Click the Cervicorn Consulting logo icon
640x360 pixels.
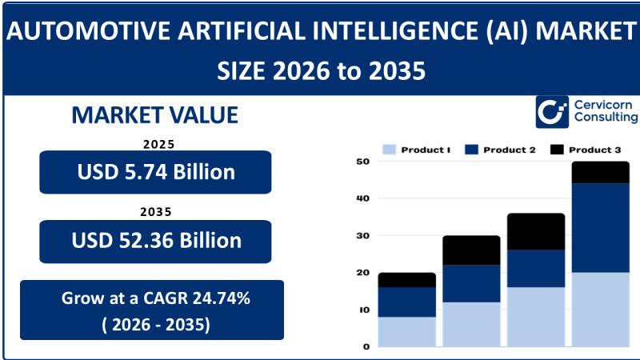pos(552,113)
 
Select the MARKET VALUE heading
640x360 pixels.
pos(155,115)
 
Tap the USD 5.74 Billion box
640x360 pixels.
pos(155,171)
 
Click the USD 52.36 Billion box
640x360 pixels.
pos(155,241)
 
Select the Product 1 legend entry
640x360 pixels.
pos(417,150)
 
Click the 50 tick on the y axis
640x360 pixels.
pos(362,162)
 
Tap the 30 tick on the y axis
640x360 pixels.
pos(362,236)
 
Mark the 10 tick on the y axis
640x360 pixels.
pos(362,310)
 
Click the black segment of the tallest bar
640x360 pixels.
pos(600,172)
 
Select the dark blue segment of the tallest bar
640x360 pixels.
pos(600,228)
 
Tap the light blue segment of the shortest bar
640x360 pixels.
pos(406,332)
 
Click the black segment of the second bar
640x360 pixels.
pos(471,250)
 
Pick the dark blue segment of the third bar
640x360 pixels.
pos(535,268)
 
